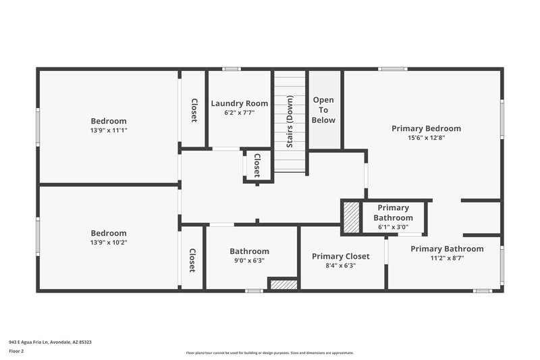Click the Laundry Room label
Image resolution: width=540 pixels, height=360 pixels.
click(239, 103)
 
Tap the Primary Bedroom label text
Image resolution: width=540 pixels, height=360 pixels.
click(426, 128)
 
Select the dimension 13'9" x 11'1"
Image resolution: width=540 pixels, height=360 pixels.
click(109, 130)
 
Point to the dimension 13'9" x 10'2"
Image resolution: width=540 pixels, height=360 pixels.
click(109, 242)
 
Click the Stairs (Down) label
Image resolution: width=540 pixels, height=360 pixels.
click(290, 122)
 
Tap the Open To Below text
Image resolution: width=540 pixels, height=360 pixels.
click(323, 110)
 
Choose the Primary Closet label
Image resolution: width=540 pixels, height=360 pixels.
click(341, 256)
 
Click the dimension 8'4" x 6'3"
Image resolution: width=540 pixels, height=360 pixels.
click(341, 265)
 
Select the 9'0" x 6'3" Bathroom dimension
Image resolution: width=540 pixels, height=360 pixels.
click(249, 260)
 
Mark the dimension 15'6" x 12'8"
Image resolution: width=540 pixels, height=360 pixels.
click(426, 138)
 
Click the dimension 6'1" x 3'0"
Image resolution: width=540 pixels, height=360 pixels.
click(394, 227)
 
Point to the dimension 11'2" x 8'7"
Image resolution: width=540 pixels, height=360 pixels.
click(447, 258)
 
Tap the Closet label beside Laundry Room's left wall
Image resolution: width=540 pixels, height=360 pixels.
click(194, 110)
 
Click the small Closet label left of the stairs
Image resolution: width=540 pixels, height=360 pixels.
click(257, 165)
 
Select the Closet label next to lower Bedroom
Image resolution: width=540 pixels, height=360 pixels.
click(192, 260)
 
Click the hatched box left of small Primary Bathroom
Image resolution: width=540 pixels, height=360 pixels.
click(351, 218)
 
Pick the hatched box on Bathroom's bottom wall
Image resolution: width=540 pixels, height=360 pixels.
click(283, 284)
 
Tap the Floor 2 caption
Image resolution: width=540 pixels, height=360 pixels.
click(16, 351)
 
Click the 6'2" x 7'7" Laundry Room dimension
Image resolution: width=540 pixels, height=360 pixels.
click(239, 113)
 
